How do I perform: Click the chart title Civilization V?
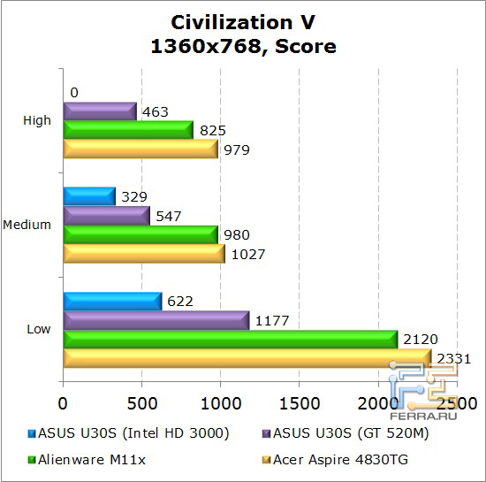tap(243, 21)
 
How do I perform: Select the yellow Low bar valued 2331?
tap(247, 357)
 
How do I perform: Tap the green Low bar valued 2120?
tap(230, 339)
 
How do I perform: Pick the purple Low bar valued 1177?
tap(156, 320)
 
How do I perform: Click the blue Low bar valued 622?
tap(111, 302)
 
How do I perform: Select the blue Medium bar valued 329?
tap(88, 196)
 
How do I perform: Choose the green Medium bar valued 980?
tap(140, 234)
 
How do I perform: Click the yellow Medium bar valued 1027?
tap(143, 253)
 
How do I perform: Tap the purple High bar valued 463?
tap(99, 111)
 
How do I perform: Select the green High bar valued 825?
tap(127, 130)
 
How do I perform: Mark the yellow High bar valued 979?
tap(140, 149)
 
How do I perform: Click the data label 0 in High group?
tap(74, 93)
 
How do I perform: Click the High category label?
tap(38, 120)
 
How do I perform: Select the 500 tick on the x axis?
tap(141, 403)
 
